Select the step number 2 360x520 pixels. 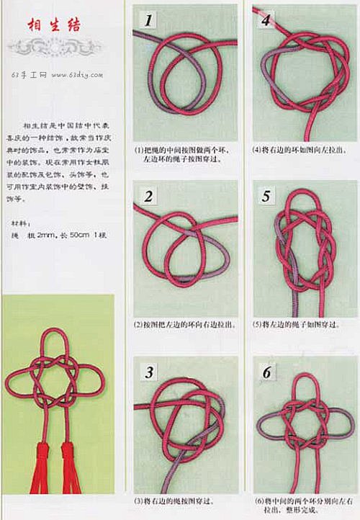point(149,197)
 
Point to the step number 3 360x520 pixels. point(149,372)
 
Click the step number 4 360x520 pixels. point(266,20)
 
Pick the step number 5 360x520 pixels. point(267,197)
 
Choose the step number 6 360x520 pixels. point(267,372)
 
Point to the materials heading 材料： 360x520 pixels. point(22,222)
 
